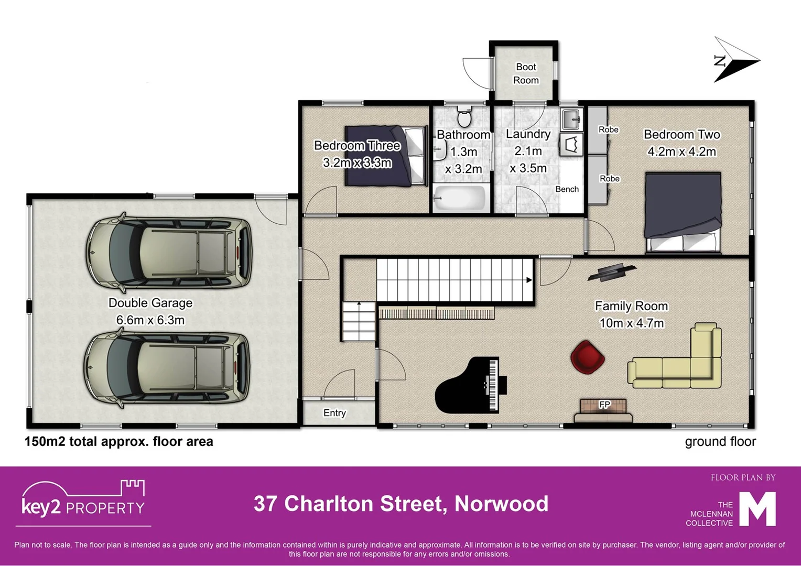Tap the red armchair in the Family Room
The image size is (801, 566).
pyautogui.click(x=587, y=357)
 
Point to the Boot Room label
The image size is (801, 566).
pyautogui.click(x=526, y=73)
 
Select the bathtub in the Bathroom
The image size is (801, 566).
pyautogui.click(x=460, y=198)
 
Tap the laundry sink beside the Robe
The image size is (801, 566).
pyautogui.click(x=571, y=119)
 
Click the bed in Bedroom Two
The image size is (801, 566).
pyautogui.click(x=683, y=212)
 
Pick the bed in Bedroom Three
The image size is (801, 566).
pyautogui.click(x=385, y=156)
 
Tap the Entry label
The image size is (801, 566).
pyautogui.click(x=334, y=413)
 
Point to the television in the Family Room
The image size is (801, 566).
pyautogui.click(x=611, y=271)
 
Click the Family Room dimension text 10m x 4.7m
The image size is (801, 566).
pyautogui.click(x=631, y=323)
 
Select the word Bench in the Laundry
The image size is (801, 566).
pyautogui.click(x=567, y=189)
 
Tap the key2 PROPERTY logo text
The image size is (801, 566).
pyautogui.click(x=83, y=507)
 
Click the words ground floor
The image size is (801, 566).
pyautogui.click(x=720, y=442)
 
